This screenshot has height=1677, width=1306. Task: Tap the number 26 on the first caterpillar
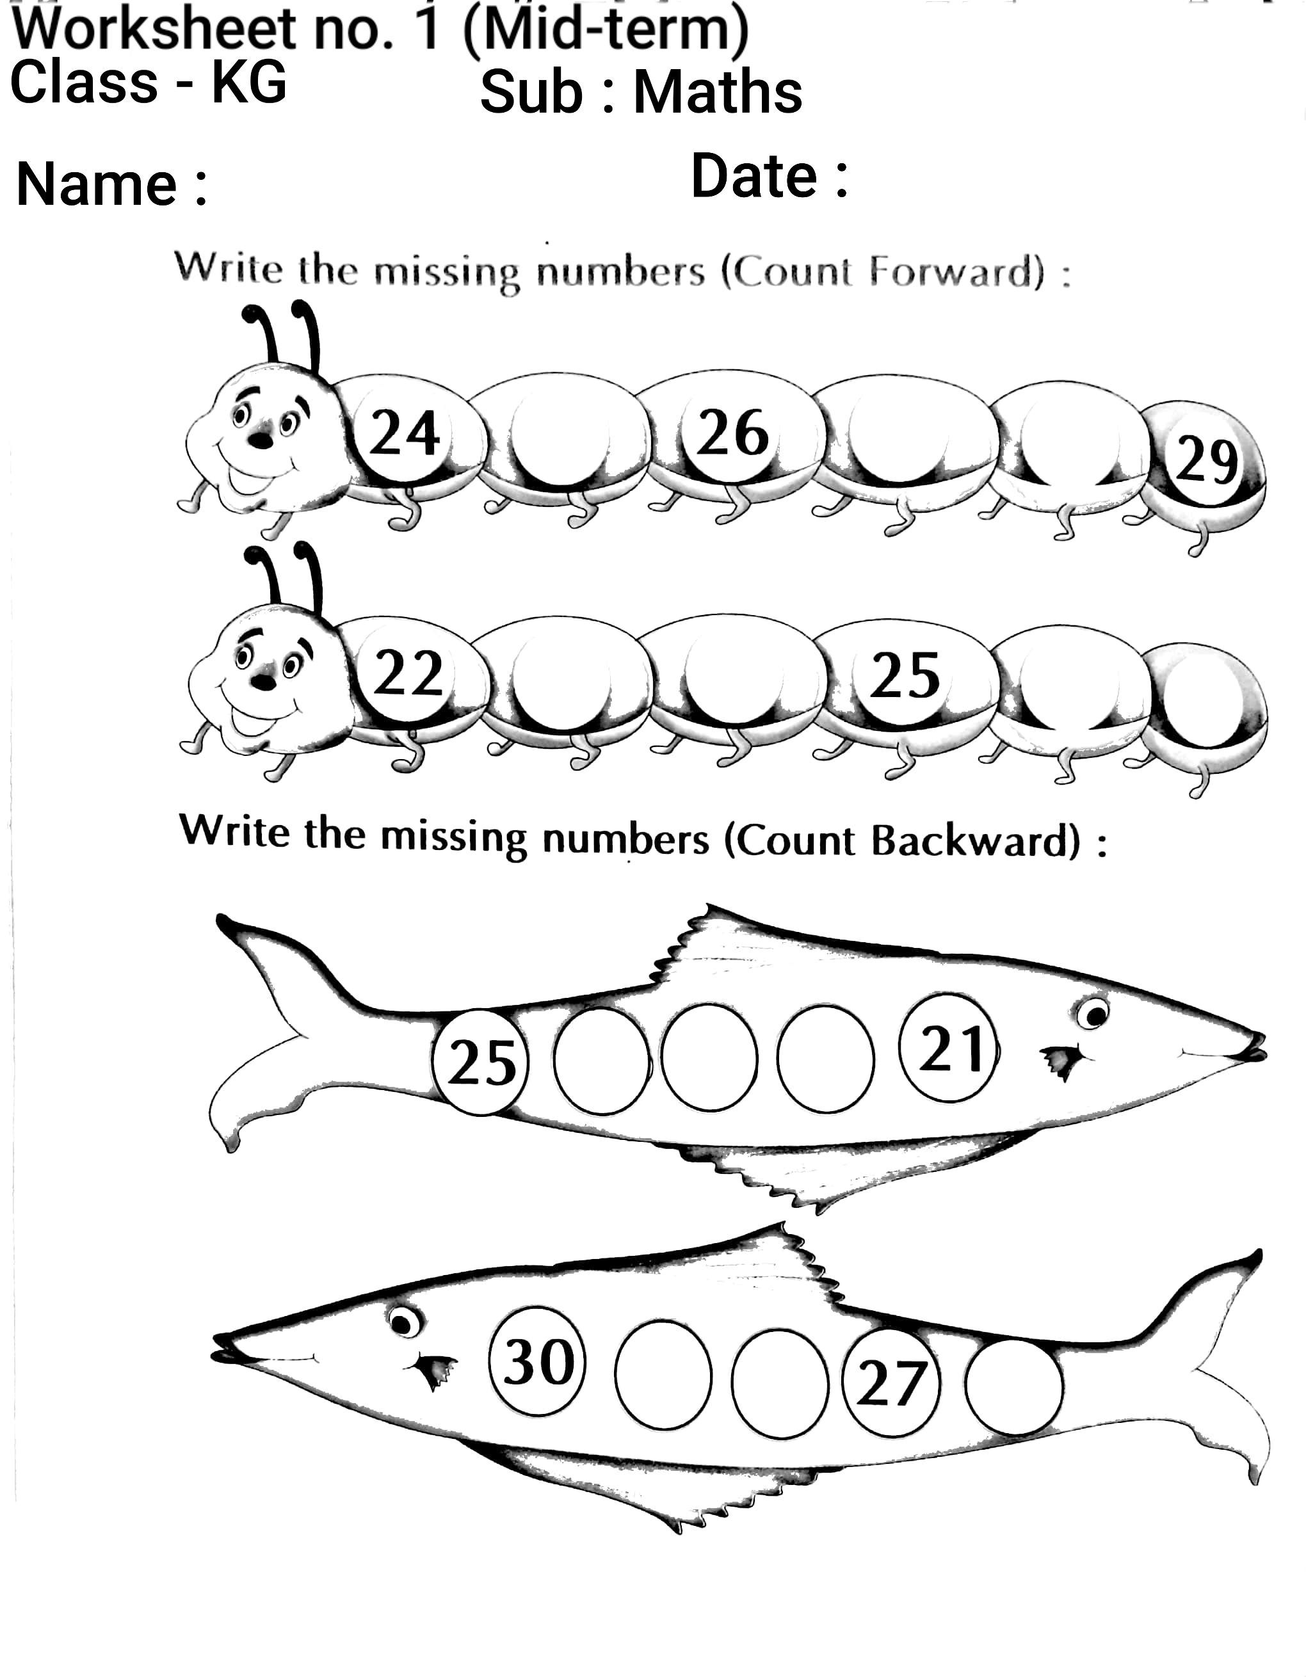pos(732,431)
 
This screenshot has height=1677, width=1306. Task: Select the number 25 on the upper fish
pos(481,1063)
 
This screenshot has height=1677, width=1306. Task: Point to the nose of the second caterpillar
pos(263,680)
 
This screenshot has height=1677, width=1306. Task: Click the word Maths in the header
pos(718,92)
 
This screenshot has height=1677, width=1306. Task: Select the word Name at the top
pos(97,184)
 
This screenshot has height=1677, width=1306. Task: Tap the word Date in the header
pos(754,176)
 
